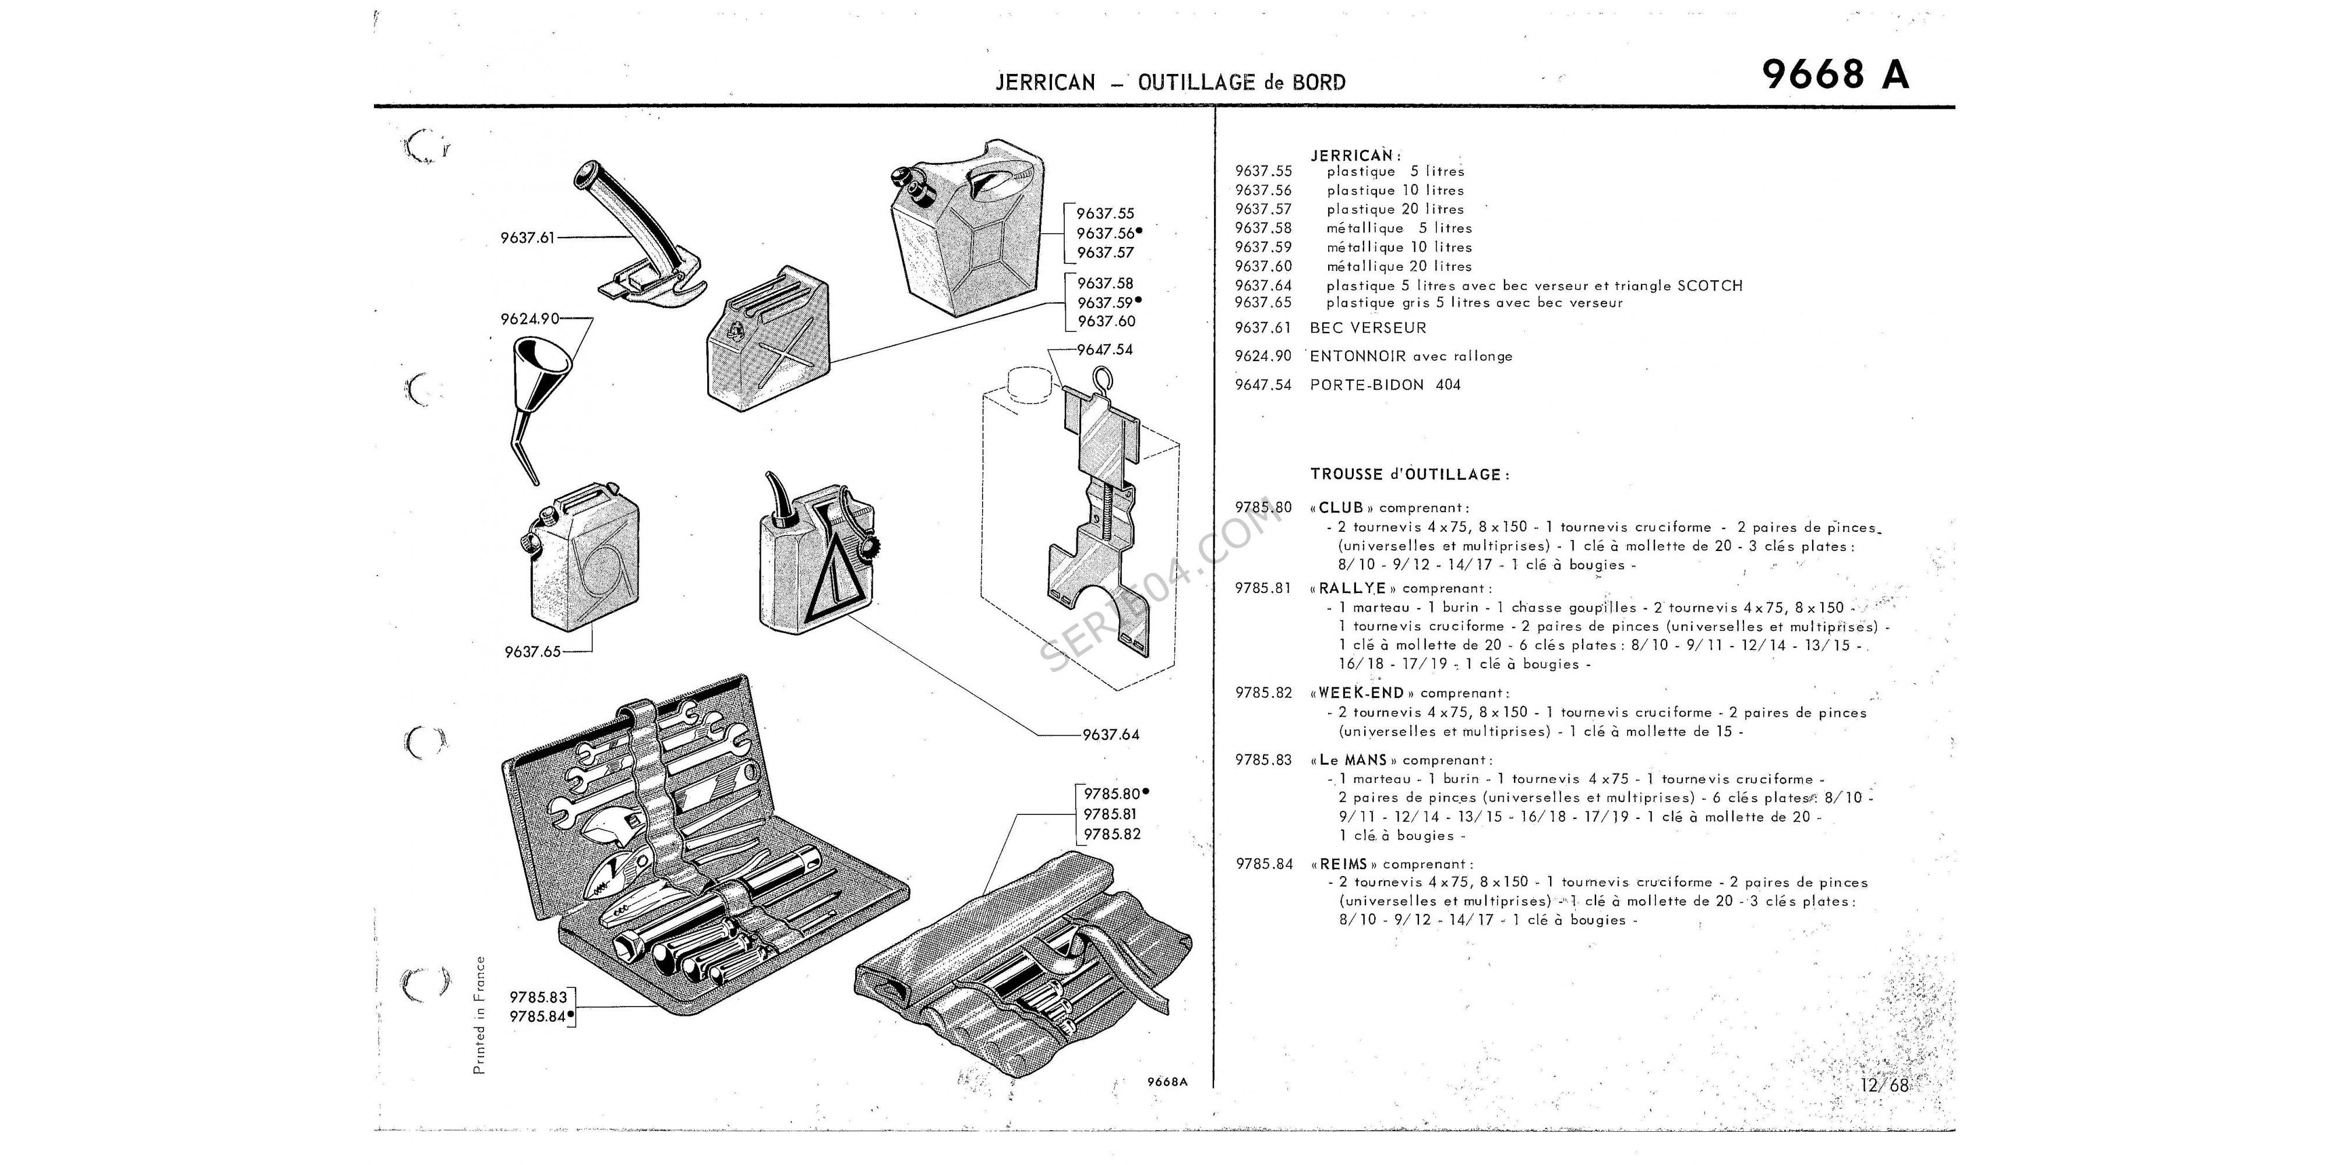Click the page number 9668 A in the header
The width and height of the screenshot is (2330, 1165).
1835,74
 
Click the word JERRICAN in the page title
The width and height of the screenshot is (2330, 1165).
1044,82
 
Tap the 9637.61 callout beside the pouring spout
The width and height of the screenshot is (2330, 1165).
527,238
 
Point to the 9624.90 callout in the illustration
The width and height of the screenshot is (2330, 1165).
529,319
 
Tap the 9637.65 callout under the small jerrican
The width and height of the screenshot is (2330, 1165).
533,651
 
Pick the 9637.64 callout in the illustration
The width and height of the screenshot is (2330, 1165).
1111,735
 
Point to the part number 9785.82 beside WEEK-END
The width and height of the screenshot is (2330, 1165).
1263,693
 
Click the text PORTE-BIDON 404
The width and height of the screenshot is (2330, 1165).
1385,384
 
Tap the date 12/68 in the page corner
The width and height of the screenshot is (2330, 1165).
1884,1085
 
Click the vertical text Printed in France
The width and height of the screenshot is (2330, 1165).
479,1016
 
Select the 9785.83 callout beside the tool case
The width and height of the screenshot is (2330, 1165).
538,997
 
